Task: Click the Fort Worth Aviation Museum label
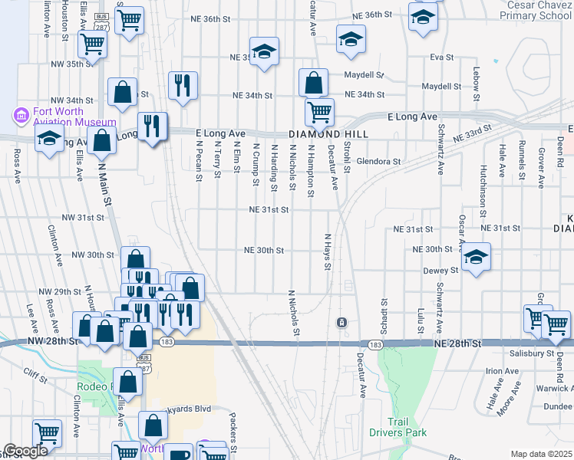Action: click(x=74, y=115)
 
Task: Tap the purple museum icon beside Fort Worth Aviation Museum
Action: click(x=21, y=116)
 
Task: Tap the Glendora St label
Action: click(x=379, y=162)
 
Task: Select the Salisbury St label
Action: click(x=531, y=353)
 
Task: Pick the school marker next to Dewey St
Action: click(x=476, y=258)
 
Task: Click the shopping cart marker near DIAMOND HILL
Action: click(x=318, y=112)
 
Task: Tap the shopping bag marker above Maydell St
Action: click(x=313, y=81)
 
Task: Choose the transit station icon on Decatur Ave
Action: click(x=341, y=321)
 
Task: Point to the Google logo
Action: click(x=25, y=452)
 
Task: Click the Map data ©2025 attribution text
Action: click(x=541, y=454)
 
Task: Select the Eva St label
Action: click(x=438, y=57)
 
